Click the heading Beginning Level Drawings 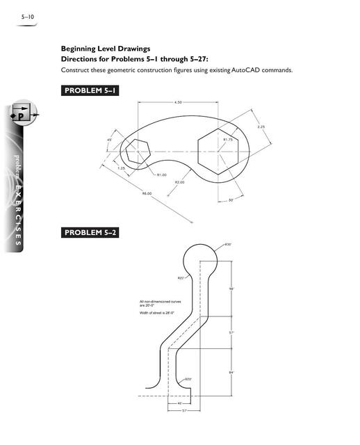[x=105, y=49]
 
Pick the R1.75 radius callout [x=228, y=140]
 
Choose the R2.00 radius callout [x=179, y=182]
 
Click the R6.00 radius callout [x=147, y=193]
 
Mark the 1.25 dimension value [x=121, y=168]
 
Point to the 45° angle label [x=109, y=140]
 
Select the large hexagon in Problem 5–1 [x=218, y=151]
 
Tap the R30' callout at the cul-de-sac [x=228, y=245]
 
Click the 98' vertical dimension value [x=231, y=289]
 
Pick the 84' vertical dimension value [x=231, y=373]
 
